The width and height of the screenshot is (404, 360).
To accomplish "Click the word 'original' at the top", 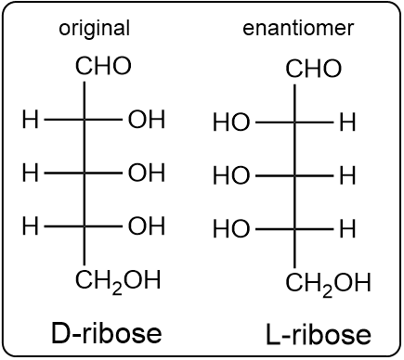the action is (x=94, y=28).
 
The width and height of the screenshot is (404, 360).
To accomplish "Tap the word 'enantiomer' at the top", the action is (x=298, y=28).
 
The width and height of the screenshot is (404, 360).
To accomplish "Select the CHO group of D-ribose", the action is (x=103, y=67).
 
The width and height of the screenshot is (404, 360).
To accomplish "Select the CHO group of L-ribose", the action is (x=313, y=69).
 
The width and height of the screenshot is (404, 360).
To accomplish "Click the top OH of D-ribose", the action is (x=146, y=120).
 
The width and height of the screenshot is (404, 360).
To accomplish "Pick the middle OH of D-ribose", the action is (x=146, y=173).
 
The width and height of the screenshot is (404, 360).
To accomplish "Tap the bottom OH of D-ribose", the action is (x=146, y=225).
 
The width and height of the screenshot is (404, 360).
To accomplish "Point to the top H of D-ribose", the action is (x=30, y=120).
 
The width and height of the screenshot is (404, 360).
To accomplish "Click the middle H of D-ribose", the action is (x=30, y=173).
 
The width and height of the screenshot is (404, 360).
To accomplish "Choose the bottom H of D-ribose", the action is (x=30, y=225).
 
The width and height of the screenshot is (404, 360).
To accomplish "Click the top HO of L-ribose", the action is (x=231, y=122).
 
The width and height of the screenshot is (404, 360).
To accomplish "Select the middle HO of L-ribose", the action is (x=231, y=175).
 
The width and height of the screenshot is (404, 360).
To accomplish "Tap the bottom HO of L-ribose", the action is (x=231, y=228).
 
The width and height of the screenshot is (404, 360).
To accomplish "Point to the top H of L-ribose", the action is (x=347, y=122).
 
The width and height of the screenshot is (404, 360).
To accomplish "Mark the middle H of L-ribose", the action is (x=347, y=175).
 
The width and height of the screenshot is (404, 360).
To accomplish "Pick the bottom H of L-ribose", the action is (x=347, y=228).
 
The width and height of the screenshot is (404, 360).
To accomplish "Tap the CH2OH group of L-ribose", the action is (x=328, y=283).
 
